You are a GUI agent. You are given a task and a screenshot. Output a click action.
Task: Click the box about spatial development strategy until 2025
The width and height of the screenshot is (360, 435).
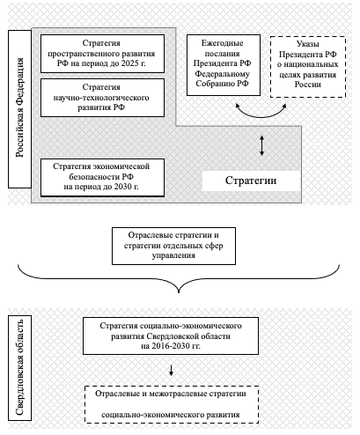click(102, 54)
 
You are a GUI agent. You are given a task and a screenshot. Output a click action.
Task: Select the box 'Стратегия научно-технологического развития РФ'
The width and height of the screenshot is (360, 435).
click(102, 98)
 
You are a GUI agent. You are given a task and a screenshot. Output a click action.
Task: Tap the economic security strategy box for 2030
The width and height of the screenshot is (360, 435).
click(102, 178)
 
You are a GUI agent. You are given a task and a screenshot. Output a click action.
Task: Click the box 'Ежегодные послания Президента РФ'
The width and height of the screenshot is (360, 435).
click(224, 65)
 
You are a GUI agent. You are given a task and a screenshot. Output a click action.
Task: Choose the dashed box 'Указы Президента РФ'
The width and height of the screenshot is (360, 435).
click(308, 67)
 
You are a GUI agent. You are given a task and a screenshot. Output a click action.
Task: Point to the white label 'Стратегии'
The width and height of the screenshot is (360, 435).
click(251, 181)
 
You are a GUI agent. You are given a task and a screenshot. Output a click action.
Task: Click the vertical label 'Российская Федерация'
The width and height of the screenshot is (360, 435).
click(19, 109)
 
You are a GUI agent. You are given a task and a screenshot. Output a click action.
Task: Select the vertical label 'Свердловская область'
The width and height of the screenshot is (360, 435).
click(19, 368)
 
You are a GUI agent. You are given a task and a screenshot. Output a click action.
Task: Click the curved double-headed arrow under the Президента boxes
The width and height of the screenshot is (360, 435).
click(261, 116)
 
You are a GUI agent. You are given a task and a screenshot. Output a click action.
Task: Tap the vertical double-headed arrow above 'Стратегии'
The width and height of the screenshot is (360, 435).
click(262, 145)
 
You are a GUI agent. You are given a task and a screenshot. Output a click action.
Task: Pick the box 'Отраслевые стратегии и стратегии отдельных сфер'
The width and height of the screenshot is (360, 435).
click(173, 246)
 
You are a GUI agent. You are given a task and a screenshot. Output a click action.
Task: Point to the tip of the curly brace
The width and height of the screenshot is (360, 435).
click(179, 292)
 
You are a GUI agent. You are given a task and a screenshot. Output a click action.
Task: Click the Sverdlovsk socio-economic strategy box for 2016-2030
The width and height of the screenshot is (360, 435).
click(171, 335)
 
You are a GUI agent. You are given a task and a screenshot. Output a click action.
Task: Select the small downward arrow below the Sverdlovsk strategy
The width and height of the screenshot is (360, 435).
click(171, 370)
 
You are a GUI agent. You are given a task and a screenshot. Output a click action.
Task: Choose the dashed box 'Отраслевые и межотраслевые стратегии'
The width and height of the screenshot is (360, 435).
click(172, 404)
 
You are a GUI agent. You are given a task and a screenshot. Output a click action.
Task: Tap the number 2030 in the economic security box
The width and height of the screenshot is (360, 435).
click(122, 187)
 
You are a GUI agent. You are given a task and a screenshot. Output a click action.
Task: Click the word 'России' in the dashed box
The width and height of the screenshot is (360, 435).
click(308, 85)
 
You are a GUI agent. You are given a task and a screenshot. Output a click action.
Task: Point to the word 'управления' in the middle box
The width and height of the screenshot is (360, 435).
click(173, 255)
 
